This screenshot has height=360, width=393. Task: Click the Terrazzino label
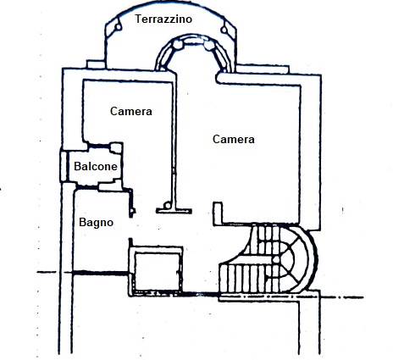[x=163, y=19]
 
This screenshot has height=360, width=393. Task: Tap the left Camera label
[x=131, y=111]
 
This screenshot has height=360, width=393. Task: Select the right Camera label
[x=234, y=139]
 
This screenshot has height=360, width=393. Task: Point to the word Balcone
[x=96, y=166]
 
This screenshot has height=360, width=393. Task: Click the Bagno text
[x=97, y=223]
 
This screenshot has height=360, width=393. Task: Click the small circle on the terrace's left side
[x=118, y=27]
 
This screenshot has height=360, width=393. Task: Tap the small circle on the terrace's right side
[x=224, y=30]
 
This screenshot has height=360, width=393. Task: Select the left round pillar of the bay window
[x=178, y=45]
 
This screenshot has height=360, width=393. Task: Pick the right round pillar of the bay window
[x=209, y=46]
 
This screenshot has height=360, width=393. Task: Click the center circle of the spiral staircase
[x=276, y=259]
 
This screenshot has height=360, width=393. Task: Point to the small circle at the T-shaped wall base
[x=167, y=204]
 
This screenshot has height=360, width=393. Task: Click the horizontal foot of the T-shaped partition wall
[x=174, y=211]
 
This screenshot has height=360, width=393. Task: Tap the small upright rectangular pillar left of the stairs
[x=218, y=213]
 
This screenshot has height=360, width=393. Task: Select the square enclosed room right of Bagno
[x=157, y=270]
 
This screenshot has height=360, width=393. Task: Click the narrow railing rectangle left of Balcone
[x=64, y=166]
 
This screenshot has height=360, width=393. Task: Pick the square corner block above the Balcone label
[x=116, y=148]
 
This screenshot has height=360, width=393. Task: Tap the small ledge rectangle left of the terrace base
[x=96, y=64]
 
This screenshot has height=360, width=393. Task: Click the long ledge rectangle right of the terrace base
[x=263, y=69]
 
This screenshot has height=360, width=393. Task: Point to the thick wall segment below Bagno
[x=101, y=273]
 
